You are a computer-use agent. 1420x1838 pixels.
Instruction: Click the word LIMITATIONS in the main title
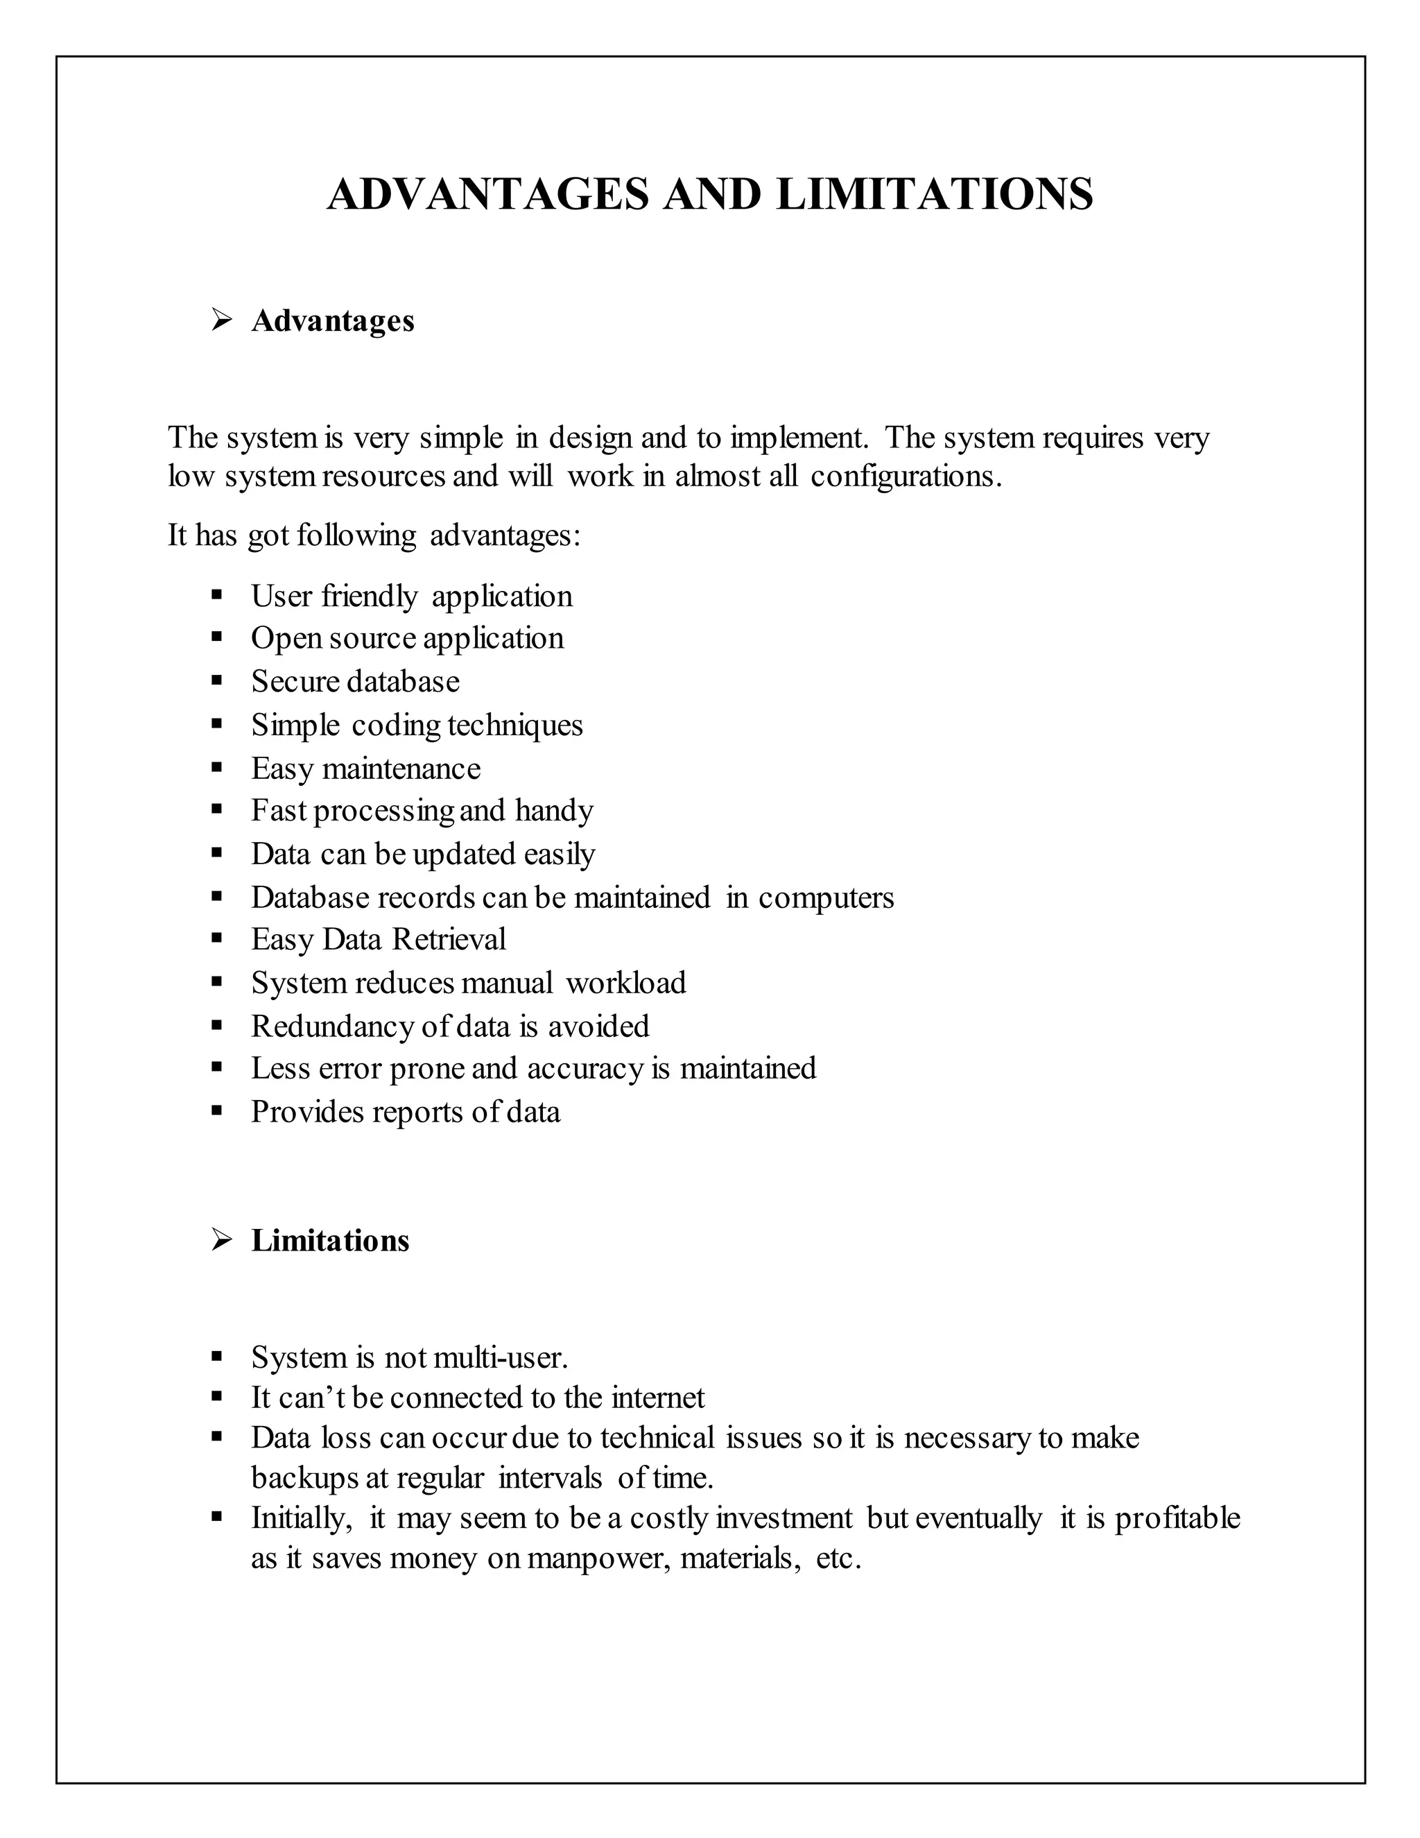click(x=935, y=194)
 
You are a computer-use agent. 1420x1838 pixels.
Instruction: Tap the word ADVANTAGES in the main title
click(x=488, y=194)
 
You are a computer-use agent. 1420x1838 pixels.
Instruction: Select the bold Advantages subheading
click(x=332, y=320)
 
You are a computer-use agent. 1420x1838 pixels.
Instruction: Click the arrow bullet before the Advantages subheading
click(x=221, y=320)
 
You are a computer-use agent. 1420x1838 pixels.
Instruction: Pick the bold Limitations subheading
click(x=330, y=1241)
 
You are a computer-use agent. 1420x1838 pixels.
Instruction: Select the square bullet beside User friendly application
click(x=217, y=595)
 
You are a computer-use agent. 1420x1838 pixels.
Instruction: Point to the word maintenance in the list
click(x=401, y=768)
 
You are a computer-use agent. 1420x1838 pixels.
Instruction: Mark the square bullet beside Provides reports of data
click(x=217, y=1111)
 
